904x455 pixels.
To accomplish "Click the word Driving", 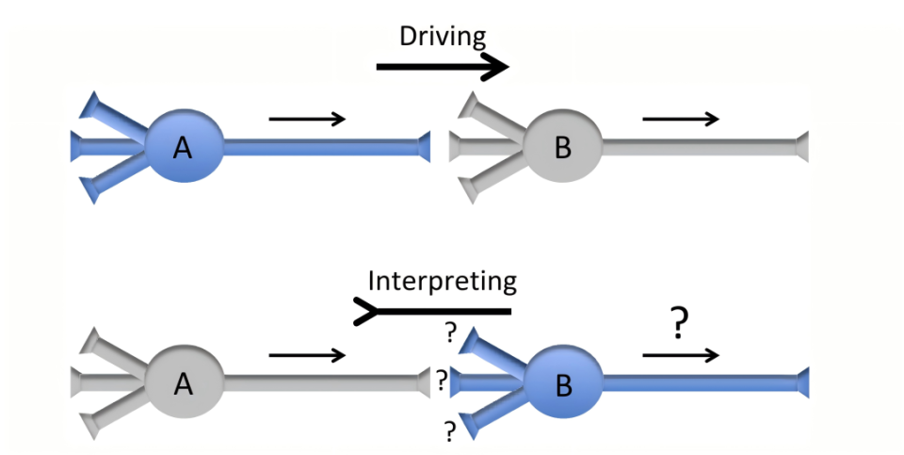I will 443,37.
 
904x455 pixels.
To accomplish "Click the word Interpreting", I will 443,281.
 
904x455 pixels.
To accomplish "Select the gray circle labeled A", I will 185,382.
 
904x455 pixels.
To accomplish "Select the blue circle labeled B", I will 562,382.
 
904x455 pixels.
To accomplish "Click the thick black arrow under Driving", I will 443,67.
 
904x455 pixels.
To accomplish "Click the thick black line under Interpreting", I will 433,310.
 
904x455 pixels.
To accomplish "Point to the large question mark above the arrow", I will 677,324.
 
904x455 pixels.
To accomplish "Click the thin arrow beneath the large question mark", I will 681,355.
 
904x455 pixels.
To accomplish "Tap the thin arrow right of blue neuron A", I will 308,119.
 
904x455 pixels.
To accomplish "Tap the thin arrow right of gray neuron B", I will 681,119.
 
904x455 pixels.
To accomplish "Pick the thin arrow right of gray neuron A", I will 308,355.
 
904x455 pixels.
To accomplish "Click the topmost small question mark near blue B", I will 451,332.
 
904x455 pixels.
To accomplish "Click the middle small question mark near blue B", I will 441,381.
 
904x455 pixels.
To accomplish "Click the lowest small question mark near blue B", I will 450,431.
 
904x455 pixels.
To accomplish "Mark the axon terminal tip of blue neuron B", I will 802,382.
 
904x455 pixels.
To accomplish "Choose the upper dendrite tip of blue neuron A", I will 89,104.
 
